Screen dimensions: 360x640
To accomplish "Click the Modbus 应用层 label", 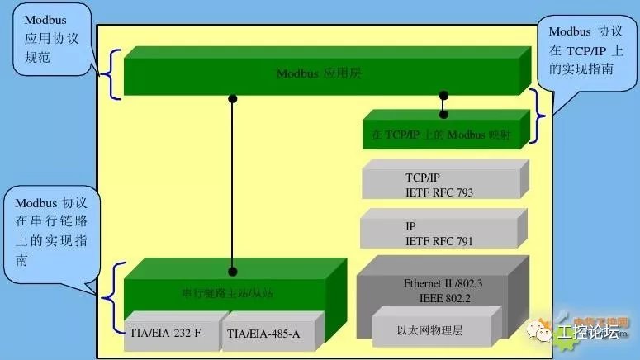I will (319, 73).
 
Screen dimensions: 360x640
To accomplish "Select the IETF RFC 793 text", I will (439, 192).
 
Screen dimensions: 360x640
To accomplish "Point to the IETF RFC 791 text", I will (439, 241).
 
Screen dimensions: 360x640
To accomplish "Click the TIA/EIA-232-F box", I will (169, 334).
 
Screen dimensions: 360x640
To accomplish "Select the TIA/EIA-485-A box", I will (263, 334).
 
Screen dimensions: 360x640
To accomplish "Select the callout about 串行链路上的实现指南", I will (51, 231).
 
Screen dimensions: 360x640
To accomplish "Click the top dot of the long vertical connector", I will (233, 98).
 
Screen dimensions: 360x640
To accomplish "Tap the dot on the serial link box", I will (233, 271).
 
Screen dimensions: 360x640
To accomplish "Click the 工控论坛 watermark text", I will (587, 333).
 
